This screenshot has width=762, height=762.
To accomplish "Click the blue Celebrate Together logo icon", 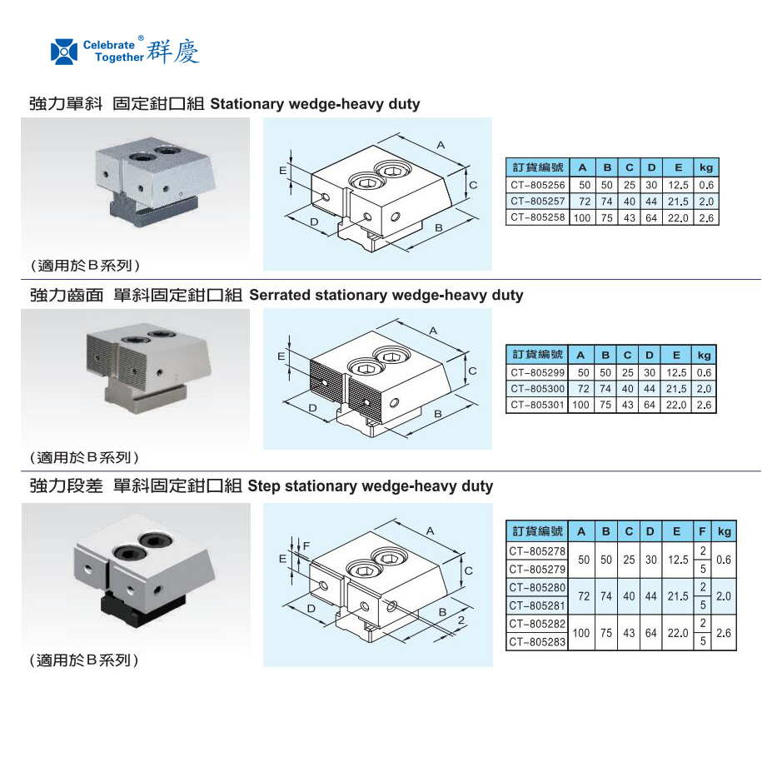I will [64, 51].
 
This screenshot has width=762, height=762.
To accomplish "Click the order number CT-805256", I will [537, 185].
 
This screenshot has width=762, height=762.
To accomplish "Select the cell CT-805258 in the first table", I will [537, 217].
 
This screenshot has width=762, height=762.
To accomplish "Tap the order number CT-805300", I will [537, 389].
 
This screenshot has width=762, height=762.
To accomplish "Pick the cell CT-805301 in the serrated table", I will [537, 405].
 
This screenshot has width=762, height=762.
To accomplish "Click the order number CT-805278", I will [537, 551].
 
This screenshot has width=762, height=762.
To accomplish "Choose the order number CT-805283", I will [537, 642].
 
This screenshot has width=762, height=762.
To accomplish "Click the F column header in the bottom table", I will [703, 531].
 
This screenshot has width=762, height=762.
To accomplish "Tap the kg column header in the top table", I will [706, 168].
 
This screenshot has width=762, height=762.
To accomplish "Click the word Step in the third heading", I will [264, 486].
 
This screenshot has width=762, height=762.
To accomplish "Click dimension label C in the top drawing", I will [473, 185].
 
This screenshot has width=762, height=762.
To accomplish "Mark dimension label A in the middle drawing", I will [434, 331].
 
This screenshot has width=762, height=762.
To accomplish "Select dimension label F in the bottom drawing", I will [306, 546].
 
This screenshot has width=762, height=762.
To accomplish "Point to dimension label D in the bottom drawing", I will [310, 610].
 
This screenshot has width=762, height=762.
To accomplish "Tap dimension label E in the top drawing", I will [283, 170].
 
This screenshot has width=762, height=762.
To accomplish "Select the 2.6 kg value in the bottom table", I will [724, 633].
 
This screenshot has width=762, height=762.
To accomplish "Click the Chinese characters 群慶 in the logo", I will [173, 51].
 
